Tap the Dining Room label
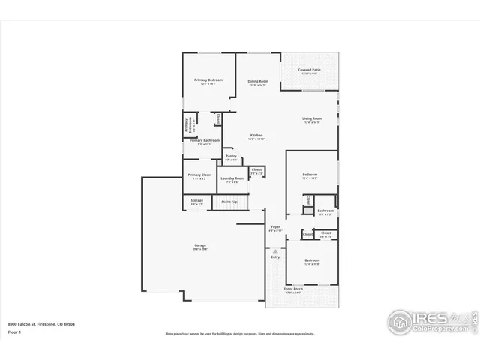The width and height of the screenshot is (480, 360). pos(258,82)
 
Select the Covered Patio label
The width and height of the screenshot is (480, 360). pos(310,70)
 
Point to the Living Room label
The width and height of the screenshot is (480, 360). pos(312,118)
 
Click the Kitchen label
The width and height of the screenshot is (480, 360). pos(256,136)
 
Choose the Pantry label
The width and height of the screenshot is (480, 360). pos(231,157)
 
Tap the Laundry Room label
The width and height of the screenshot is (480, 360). pos(232,178)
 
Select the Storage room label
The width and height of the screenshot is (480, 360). pos(196,201)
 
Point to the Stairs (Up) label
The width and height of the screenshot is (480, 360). pos(229,201)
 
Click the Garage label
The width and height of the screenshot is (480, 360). pos(200,245)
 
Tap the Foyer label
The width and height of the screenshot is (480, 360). pos(275,227)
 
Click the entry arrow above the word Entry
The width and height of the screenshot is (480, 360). pos(275,250)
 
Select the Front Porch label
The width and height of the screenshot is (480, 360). pos(293,289)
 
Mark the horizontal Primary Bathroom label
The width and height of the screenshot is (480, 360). pos(204,141)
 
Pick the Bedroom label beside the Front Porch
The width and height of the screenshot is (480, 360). pos(312,261)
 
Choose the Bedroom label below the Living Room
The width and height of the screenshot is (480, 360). pos(310,175)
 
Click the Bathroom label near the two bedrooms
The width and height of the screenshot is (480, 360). pos(325,211)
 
